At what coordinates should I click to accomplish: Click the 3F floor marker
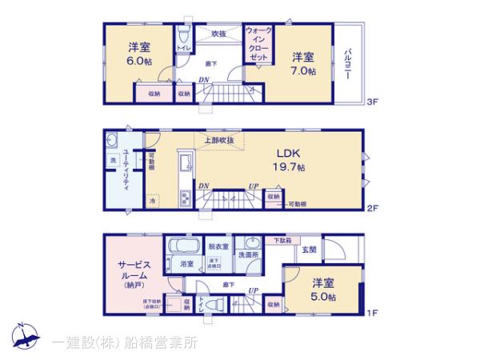[x=372, y=102]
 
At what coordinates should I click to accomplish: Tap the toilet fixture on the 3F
[x=184, y=36]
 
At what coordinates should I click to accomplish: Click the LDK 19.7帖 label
[x=290, y=160]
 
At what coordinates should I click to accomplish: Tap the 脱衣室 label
[x=218, y=246]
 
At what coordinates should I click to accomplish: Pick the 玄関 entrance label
[x=308, y=250]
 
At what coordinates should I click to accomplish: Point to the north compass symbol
[x=22, y=336]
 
